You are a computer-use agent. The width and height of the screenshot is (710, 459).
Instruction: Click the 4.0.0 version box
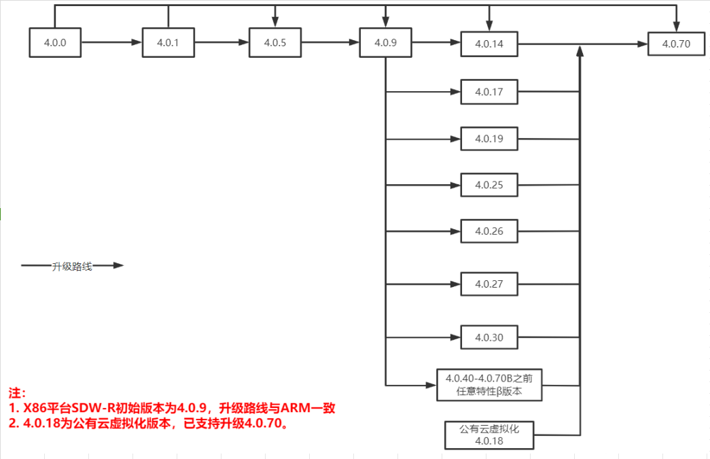pos(55,43)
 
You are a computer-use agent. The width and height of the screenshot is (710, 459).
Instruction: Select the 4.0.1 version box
pos(168,43)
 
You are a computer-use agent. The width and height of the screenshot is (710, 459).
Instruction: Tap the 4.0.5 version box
pos(274,43)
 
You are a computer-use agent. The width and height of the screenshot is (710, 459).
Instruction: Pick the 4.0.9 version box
pos(385,43)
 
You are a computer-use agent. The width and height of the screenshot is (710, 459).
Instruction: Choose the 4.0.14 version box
pos(489,44)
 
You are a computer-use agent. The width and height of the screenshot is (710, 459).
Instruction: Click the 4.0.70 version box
pos(676,44)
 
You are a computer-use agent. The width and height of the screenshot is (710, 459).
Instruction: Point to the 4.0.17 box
pos(489,92)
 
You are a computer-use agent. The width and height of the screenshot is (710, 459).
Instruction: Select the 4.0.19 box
pos(489,139)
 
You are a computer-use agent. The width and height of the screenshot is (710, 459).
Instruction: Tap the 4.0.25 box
pos(489,185)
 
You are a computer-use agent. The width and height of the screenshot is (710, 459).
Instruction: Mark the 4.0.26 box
pos(489,231)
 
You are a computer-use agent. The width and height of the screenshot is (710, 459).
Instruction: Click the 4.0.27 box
pos(489,284)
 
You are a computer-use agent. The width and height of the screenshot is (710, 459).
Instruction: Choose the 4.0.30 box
pos(489,337)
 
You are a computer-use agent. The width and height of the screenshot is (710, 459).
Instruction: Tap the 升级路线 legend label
pos(71,266)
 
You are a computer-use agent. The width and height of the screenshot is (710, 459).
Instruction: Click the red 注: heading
pos(17,394)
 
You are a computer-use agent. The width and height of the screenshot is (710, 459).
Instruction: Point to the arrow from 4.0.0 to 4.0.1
pos(111,43)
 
